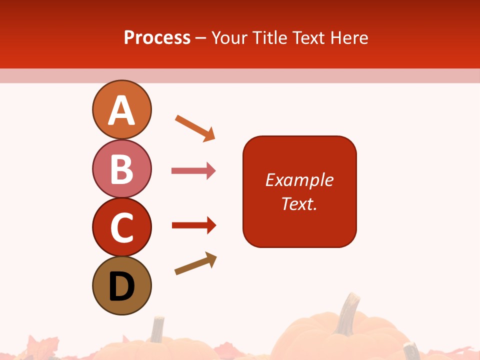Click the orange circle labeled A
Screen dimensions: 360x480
[x=121, y=109]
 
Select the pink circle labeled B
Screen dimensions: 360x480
[x=121, y=168]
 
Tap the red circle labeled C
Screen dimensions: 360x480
[x=121, y=227]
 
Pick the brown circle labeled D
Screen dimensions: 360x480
[x=121, y=285]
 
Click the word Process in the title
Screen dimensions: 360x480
[x=157, y=37]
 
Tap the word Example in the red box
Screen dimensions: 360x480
[x=299, y=180]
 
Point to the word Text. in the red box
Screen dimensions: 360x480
[x=299, y=203]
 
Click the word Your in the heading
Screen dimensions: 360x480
[x=229, y=37]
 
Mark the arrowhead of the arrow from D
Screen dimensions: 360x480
[x=211, y=259]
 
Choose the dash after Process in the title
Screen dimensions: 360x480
[x=201, y=38]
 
